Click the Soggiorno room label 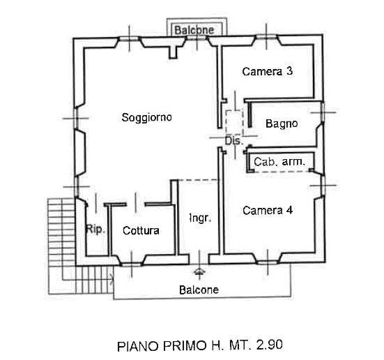[x=146, y=117]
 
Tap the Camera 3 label [x=268, y=71]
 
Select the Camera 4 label [x=268, y=211]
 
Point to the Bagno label [x=282, y=123]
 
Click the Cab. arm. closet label [x=279, y=162]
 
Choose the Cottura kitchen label [x=141, y=231]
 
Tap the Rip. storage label [x=95, y=230]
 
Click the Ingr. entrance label [x=200, y=218]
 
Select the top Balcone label [x=194, y=30]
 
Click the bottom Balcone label [x=199, y=290]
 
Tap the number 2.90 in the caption [x=270, y=345]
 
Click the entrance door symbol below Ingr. [x=199, y=271]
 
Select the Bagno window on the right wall [x=323, y=112]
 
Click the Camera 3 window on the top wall [x=266, y=37]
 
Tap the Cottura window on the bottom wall [x=132, y=264]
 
